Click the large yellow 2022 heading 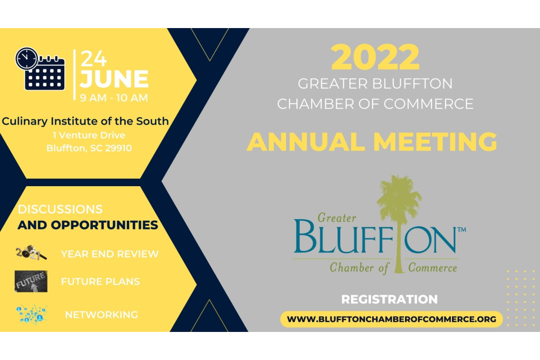[x=375, y=57]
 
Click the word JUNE [x=114, y=79]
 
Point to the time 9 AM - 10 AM [x=113, y=98]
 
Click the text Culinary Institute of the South [x=85, y=121]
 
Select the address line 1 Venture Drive [x=89, y=135]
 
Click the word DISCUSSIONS [x=60, y=209]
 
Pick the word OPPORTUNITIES [x=105, y=225]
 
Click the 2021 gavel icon [x=31, y=253]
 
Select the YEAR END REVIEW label [x=110, y=254]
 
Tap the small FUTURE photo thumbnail [x=31, y=281]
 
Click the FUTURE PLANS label [x=100, y=282]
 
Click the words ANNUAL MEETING [x=372, y=142]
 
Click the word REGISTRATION [x=389, y=299]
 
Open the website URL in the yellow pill [x=391, y=319]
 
